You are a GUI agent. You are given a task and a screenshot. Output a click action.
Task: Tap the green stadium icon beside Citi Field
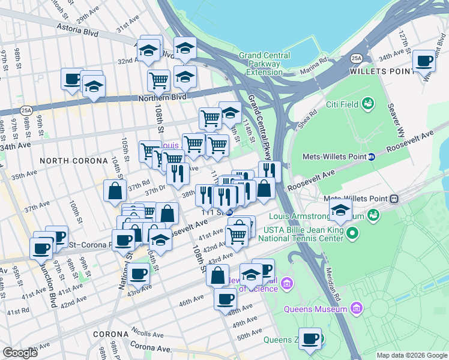(x=366, y=104)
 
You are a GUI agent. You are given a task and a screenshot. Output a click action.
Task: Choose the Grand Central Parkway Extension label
(x=260, y=64)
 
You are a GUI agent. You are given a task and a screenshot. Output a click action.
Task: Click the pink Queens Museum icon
(x=357, y=308)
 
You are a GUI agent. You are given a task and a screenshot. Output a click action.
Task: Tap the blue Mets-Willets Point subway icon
(x=372, y=157)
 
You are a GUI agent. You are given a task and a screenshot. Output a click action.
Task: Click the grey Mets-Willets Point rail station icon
(x=394, y=199)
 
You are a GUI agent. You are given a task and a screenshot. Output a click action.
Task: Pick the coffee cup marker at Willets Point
(x=424, y=61)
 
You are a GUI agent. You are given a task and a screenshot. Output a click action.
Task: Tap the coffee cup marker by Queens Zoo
(x=310, y=338)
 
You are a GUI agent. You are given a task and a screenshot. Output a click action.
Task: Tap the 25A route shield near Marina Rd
(x=357, y=58)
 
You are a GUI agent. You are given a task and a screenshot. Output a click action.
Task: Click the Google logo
(x=20, y=353)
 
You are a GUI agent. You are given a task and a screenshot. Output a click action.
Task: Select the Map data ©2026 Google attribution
(x=411, y=355)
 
